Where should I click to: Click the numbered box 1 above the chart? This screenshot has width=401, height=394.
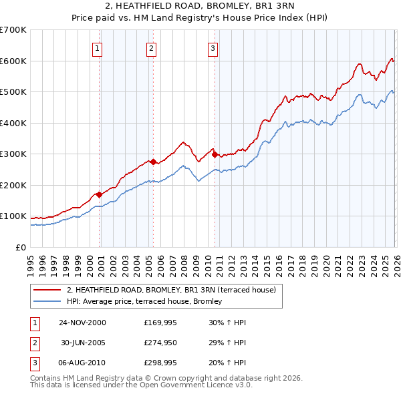tap(98, 47)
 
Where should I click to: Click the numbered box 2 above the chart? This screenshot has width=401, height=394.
tap(152, 47)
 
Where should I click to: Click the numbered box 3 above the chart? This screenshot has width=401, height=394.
tap(213, 47)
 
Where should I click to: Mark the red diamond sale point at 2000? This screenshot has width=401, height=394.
tap(100, 194)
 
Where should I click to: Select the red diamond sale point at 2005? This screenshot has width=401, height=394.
tap(153, 162)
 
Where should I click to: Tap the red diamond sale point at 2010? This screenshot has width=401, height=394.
tap(215, 154)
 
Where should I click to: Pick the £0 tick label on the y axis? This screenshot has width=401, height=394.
tap(21, 247)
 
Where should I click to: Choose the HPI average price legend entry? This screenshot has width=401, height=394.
tap(148, 302)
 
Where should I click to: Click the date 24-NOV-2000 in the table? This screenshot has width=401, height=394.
tap(82, 323)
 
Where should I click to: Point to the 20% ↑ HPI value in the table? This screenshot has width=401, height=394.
tap(227, 364)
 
